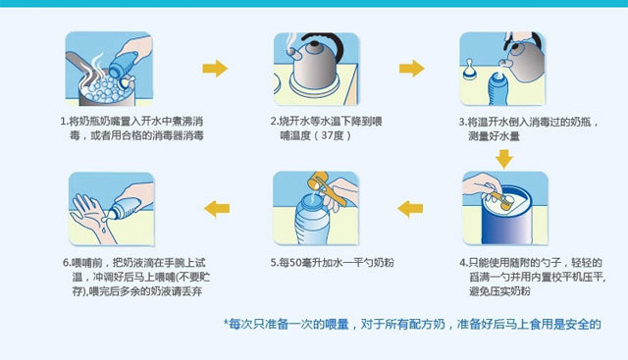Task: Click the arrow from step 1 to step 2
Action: (215, 68)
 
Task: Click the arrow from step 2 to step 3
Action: (412, 68)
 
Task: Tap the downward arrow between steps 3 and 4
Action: (504, 159)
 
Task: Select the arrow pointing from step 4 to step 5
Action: (410, 209)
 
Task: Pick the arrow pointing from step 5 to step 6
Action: (217, 209)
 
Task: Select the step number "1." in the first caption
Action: (65, 121)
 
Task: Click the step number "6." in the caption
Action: (67, 263)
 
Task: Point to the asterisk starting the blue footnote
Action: (226, 322)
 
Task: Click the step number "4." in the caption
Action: (463, 263)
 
